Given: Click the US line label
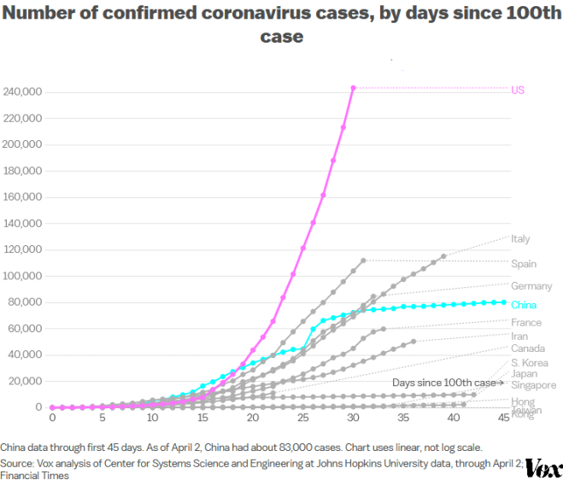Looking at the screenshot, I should (x=518, y=90).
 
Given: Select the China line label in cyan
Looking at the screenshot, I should (x=523, y=304).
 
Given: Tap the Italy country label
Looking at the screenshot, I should (x=520, y=239).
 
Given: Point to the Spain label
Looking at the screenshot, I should (x=524, y=264).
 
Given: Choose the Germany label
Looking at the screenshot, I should (x=531, y=286).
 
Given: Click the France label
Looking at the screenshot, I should (x=526, y=323).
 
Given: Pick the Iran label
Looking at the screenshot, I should (x=519, y=337).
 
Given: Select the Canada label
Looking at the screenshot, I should (x=528, y=348).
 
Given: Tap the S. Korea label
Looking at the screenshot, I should (x=529, y=362).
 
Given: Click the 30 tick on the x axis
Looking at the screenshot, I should (x=353, y=418).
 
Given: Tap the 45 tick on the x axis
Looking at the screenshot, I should (x=503, y=418).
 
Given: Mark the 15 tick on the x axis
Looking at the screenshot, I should (x=202, y=418).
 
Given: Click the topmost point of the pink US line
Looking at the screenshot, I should (x=353, y=87).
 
